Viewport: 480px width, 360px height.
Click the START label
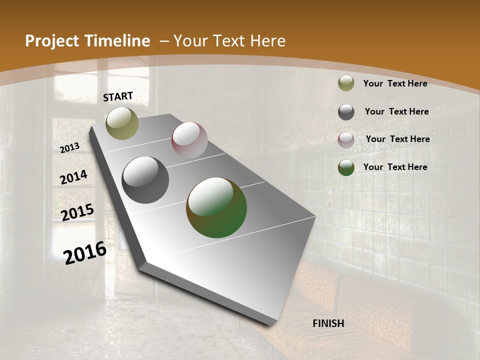tap(118, 96)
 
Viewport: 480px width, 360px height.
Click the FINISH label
tap(328, 323)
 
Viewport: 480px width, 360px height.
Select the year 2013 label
tap(70, 147)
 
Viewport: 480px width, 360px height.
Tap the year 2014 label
tap(74, 177)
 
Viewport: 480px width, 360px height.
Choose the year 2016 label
tap(85, 252)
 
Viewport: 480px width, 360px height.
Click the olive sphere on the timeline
tap(122, 123)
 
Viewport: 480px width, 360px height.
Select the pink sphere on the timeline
tap(189, 140)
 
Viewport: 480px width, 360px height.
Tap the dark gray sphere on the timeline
tap(145, 180)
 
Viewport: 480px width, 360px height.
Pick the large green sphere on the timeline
tap(216, 207)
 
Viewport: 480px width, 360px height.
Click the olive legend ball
tap(346, 83)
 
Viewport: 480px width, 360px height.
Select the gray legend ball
tap(346, 112)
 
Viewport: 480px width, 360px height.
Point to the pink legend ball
tap(346, 140)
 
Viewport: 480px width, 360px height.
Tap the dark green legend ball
tap(346, 167)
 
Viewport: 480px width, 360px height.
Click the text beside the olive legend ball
tap(395, 83)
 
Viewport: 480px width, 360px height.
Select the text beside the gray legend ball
tap(396, 111)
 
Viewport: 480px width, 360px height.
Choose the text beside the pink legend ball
tap(397, 139)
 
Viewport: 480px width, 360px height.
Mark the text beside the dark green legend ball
tap(395, 167)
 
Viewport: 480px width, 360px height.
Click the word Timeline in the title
tap(117, 41)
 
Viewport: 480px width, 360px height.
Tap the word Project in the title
tap(51, 41)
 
